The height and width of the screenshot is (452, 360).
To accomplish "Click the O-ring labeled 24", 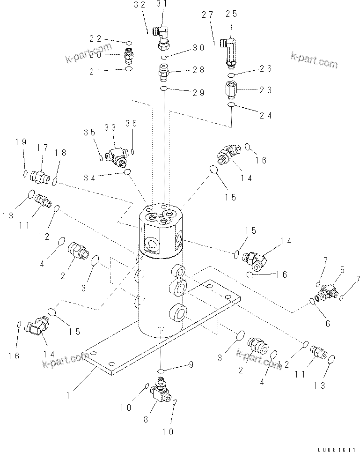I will coord(231,105).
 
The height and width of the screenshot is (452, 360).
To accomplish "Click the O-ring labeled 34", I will coord(127,173).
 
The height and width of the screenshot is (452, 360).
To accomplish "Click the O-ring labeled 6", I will coord(312,301).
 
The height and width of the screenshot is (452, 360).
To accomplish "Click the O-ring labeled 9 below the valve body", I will coord(161,371).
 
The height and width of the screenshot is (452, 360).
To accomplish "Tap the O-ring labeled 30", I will coord(164,57).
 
